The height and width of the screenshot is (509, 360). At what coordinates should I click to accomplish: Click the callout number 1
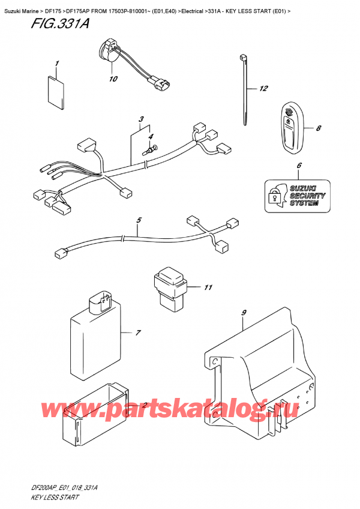click(x=57, y=63)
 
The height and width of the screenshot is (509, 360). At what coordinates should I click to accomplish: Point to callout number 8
click(x=318, y=127)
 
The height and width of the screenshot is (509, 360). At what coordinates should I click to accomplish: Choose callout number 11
click(x=208, y=288)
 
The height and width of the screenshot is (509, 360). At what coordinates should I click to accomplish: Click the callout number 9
click(x=244, y=312)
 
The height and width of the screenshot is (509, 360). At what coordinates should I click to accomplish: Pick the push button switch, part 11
click(x=170, y=288)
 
